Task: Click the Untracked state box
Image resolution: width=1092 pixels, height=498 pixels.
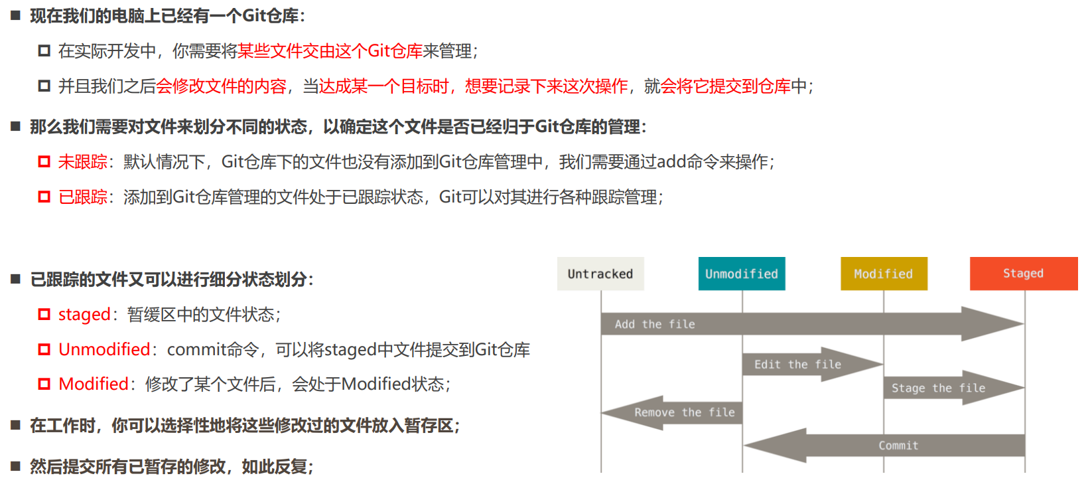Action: [x=600, y=274]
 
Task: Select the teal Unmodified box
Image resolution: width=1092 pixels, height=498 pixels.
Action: [x=742, y=274]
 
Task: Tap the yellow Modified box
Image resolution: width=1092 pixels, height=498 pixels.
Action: [x=884, y=274]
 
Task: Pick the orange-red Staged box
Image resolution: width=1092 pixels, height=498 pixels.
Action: [x=1024, y=274]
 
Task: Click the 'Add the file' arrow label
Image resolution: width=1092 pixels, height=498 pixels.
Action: [x=655, y=324]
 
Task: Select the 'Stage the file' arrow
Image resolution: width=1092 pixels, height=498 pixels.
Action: [x=938, y=388]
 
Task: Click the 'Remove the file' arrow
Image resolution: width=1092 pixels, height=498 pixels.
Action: [x=684, y=412]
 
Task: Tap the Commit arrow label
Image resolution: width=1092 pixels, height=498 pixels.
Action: [x=898, y=446]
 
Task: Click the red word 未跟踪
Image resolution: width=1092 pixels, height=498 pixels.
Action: [x=82, y=162]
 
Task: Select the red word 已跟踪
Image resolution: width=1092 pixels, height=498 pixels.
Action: [x=82, y=197]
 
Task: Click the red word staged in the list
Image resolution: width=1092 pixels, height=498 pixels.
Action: [x=84, y=315]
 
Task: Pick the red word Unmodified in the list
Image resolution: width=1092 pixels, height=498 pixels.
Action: [x=104, y=350]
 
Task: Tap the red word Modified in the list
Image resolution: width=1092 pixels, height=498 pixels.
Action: [x=94, y=384]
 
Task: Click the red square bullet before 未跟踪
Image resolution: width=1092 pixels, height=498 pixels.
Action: [x=44, y=162]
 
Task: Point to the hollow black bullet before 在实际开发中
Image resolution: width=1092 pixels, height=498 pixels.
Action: [x=44, y=51]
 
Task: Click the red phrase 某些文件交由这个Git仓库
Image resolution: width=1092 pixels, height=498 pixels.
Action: [x=330, y=51]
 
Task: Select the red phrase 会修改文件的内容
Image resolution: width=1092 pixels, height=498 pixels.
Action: [x=222, y=86]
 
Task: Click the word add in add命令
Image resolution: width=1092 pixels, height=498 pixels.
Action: [x=671, y=162]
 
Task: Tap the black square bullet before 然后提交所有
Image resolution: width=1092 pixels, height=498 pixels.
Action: [x=16, y=466]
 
